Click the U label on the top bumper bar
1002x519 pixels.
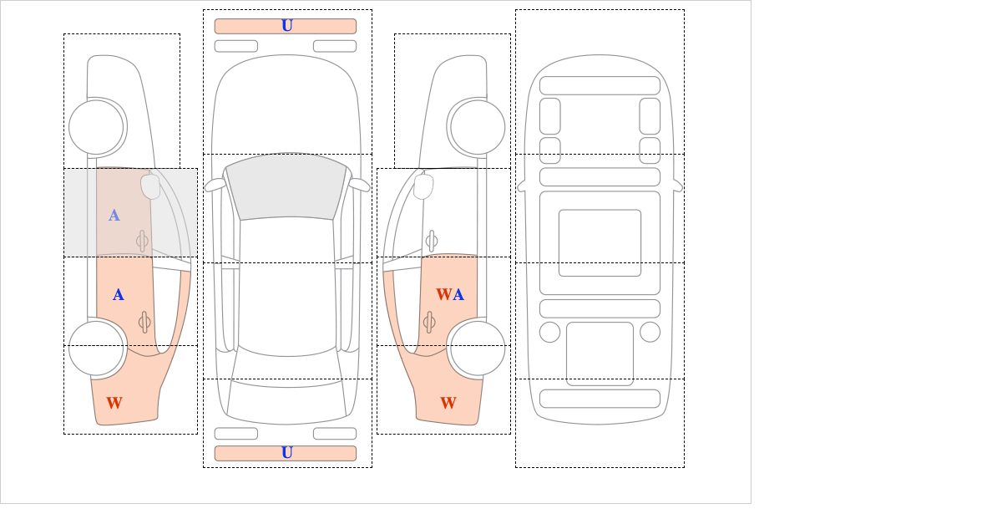point(286,26)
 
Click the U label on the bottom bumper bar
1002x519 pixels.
point(286,453)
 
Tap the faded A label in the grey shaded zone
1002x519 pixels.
point(114,216)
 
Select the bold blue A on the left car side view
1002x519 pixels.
point(119,295)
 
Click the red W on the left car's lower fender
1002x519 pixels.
point(114,404)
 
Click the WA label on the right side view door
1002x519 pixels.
point(450,295)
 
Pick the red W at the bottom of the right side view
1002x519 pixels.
point(448,404)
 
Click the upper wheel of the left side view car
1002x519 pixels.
point(96,127)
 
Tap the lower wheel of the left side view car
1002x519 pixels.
point(96,348)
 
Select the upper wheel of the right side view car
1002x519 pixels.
point(478,127)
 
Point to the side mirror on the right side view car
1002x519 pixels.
point(423,186)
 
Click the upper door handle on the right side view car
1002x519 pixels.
point(432,241)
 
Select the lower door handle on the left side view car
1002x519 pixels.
point(144,322)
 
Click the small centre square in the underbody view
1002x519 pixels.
point(600,242)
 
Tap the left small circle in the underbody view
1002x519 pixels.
point(549,332)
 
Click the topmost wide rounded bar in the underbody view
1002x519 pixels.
point(600,85)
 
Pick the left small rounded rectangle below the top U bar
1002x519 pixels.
point(235,46)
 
